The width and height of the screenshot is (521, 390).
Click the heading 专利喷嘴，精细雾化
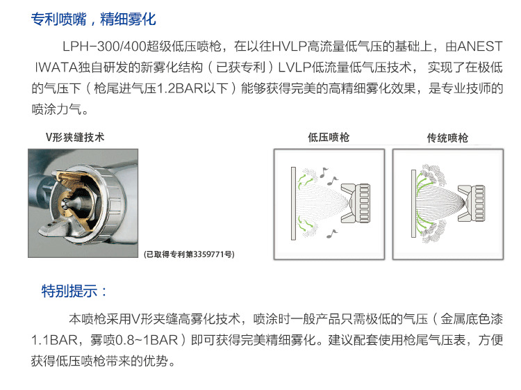tap(93, 19)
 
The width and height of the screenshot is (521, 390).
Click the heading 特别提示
tap(74, 291)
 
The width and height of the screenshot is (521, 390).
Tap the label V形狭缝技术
tap(75, 137)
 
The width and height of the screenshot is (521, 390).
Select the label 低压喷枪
tap(329, 137)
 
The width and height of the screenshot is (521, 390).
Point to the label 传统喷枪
tap(447, 138)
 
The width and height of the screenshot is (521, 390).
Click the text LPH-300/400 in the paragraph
tap(104, 46)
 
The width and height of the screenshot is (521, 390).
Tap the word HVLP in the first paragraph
tap(289, 46)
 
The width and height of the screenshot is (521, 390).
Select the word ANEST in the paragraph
tap(480, 46)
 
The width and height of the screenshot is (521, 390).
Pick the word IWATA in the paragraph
tap(56, 67)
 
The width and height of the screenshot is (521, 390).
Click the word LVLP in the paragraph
tap(295, 67)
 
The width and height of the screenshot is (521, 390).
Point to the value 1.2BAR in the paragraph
tap(180, 88)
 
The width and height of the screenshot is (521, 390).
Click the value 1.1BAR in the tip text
tap(54, 340)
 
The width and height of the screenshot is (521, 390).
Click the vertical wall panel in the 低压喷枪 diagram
tap(293, 204)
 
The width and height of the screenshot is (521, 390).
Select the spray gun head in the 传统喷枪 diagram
tap(472, 204)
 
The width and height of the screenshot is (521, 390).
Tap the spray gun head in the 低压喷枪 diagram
tap(355, 203)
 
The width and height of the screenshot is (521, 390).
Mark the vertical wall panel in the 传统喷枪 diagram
tap(413, 204)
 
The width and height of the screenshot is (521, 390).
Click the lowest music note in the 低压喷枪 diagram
tap(331, 234)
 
